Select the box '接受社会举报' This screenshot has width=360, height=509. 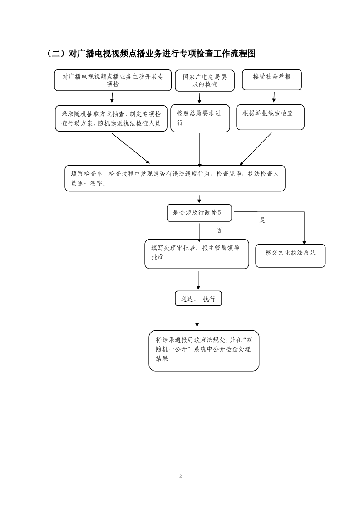point(272,80)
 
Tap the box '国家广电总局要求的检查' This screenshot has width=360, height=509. point(205,80)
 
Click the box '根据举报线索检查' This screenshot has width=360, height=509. point(270,117)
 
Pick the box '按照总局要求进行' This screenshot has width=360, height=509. point(200,118)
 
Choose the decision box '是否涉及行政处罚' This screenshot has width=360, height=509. point(199,213)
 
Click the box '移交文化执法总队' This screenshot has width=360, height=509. point(291,256)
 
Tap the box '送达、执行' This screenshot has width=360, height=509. point(198,299)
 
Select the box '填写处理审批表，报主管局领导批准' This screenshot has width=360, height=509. point(197,254)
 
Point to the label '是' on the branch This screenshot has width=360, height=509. point(262,220)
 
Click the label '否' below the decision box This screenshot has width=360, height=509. point(219,230)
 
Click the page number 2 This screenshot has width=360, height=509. point(180,476)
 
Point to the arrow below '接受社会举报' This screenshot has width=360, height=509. point(274,97)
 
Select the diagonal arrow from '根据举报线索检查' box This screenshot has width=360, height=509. point(256,149)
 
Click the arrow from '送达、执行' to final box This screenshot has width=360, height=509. point(197,318)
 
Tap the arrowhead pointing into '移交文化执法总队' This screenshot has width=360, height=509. point(304,242)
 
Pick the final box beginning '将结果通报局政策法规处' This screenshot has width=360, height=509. point(204,351)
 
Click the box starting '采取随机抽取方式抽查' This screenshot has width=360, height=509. point(111,118)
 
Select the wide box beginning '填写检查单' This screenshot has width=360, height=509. point(175,178)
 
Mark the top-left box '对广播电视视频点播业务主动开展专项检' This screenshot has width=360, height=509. point(113,80)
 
